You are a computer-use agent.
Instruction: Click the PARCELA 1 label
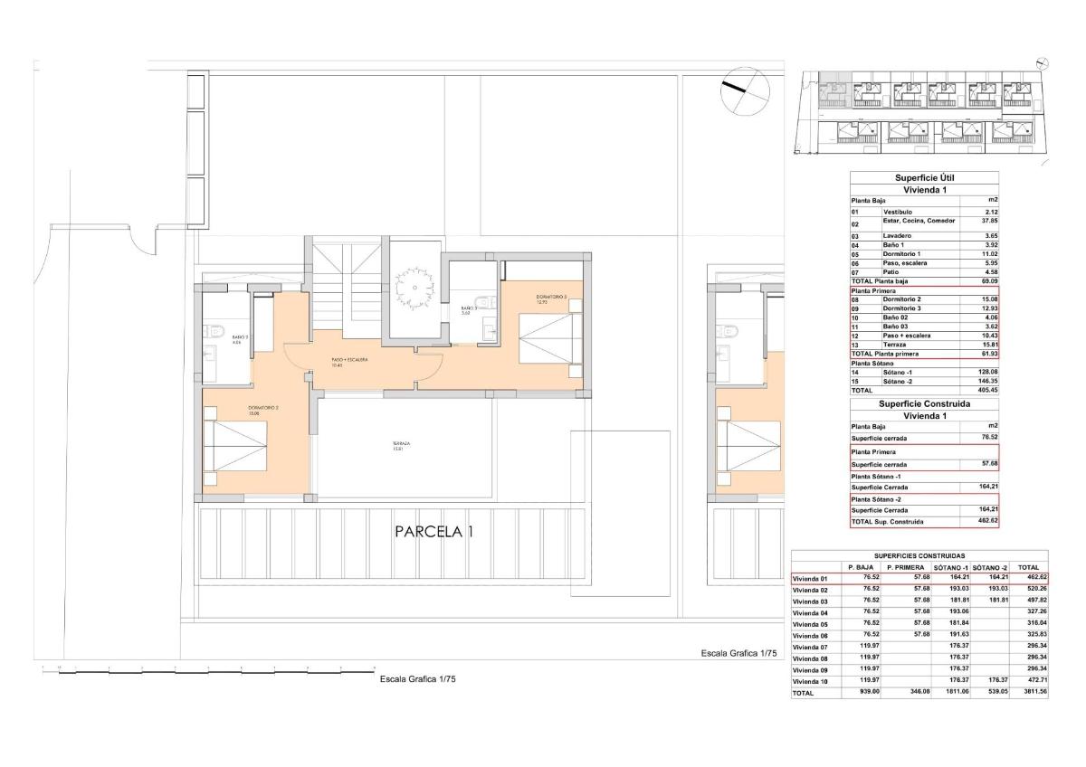[433, 533]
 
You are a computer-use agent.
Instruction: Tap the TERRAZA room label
[401, 446]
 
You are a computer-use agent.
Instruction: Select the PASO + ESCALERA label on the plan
[349, 362]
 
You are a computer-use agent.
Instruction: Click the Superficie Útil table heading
[924, 178]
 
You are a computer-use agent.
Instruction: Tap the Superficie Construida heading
[924, 403]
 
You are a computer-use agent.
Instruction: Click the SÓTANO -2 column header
[990, 567]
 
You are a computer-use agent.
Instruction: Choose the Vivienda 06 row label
[810, 636]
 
